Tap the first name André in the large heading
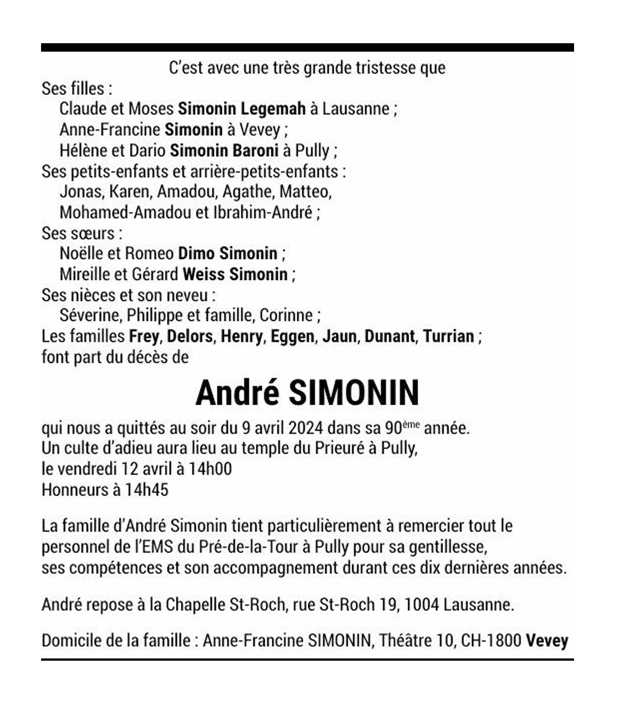pos(237,393)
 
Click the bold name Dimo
pos(196,253)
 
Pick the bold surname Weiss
pos(204,274)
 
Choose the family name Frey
pos(144,336)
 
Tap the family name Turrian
pos(448,336)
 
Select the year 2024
pos(303,428)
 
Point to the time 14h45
pos(146,490)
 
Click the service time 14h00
pos(210,469)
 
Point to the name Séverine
pos(90,315)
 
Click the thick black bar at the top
pos(307,48)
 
